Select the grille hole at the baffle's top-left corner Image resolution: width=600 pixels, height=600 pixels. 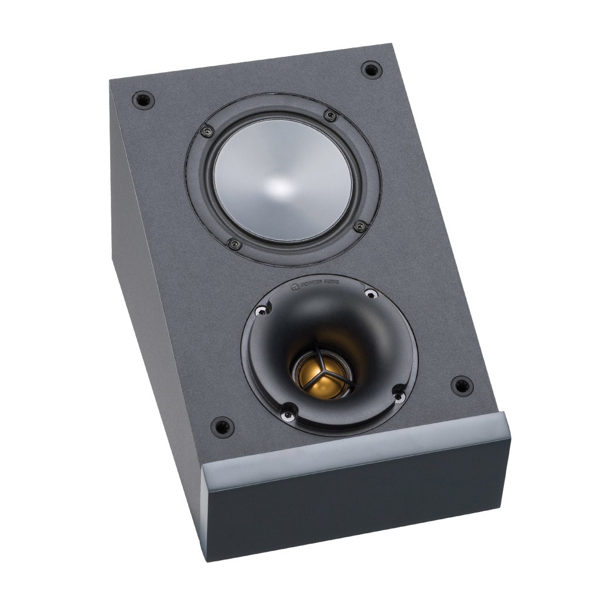[142, 99]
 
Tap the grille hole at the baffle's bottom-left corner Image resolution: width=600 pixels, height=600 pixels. [223, 427]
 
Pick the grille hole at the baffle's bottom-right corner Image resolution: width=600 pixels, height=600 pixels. [462, 386]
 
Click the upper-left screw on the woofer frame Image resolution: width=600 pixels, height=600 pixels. [207, 131]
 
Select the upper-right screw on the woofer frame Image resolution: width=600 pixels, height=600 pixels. [330, 115]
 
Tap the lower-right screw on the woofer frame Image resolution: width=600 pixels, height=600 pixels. [360, 226]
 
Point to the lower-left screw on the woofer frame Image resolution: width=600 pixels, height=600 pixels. [234, 244]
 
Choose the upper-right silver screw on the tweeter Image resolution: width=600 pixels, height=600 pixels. [369, 293]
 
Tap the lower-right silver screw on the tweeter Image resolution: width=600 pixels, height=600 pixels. [399, 397]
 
